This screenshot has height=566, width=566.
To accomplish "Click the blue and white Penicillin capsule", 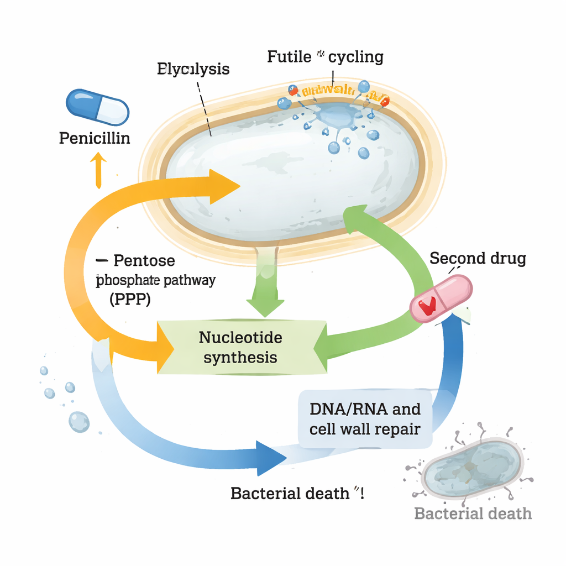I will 97,106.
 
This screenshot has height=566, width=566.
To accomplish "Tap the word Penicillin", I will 95,138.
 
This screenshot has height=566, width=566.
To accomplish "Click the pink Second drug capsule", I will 441,298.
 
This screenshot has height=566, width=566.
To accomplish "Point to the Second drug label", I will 478,258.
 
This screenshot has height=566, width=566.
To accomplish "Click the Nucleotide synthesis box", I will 241,347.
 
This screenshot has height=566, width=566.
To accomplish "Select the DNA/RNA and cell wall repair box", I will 365,419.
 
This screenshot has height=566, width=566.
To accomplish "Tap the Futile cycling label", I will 325,56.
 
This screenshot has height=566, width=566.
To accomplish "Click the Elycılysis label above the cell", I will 193,69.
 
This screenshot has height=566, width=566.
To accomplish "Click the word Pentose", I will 144,260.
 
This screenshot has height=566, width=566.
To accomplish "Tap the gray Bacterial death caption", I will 473,513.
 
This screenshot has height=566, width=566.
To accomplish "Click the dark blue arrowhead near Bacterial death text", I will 270,458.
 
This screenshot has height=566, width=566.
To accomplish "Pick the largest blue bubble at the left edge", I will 78,422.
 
